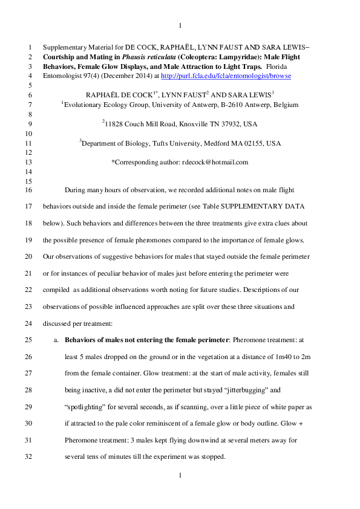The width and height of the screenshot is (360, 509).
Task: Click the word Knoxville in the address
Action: tap(188, 123)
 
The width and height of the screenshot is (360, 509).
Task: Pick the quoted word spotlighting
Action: tap(87, 407)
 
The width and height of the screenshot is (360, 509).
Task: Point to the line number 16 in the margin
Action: tap(30, 189)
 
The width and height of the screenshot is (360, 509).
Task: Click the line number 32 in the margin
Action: tap(30, 457)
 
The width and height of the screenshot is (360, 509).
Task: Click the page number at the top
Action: tap(180, 25)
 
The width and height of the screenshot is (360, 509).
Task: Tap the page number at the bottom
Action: tap(180, 476)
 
